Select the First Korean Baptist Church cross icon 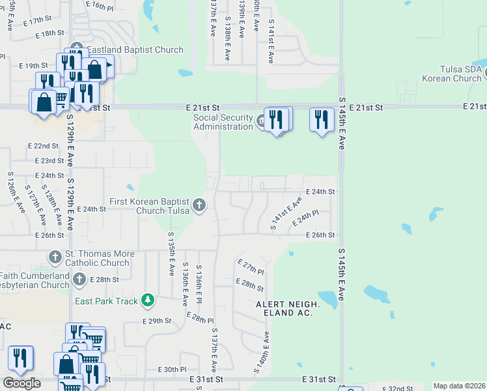tap(199, 205)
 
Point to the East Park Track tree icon tap(149, 300)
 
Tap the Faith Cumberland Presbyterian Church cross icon tap(79, 280)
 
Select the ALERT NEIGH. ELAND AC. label tap(287, 309)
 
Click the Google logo tap(21, 383)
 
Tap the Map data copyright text tap(459, 386)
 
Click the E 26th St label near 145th tap(320, 235)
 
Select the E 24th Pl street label tap(305, 218)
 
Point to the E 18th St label tap(50, 33)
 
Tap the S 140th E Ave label tap(266, 352)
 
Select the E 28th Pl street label tap(200, 318)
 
